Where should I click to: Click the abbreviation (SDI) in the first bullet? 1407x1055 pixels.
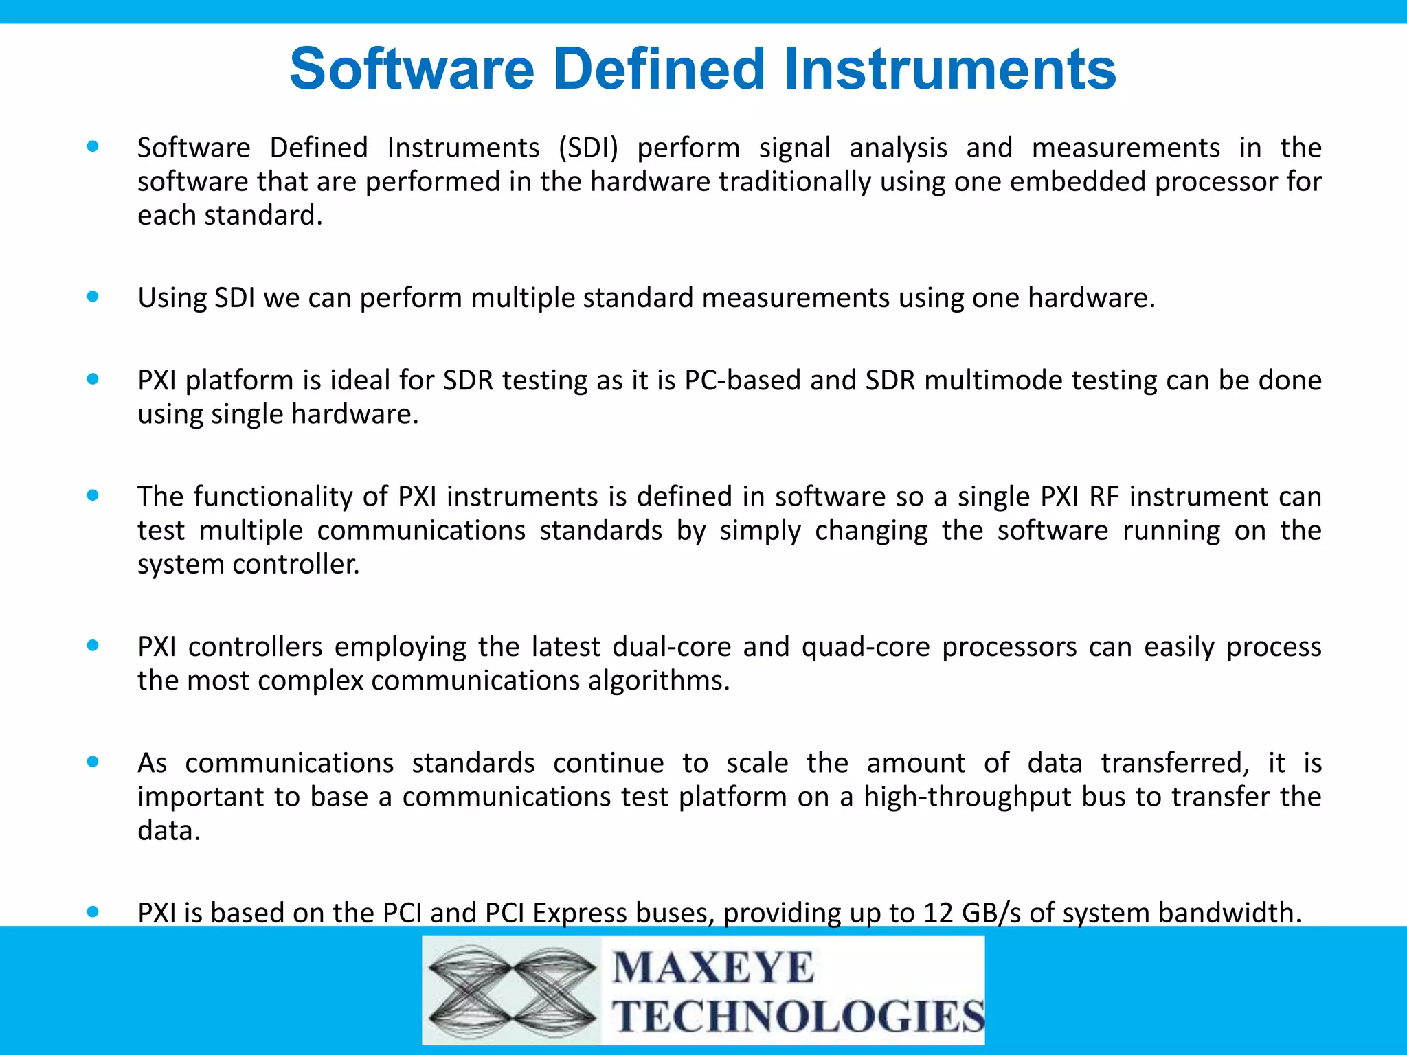[x=588, y=148]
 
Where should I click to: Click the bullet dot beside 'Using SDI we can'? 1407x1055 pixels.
[x=93, y=297]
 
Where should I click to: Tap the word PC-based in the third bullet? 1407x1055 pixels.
[x=743, y=381]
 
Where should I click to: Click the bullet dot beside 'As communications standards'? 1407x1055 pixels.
[x=93, y=761]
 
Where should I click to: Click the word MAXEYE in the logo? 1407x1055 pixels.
[x=713, y=968]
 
